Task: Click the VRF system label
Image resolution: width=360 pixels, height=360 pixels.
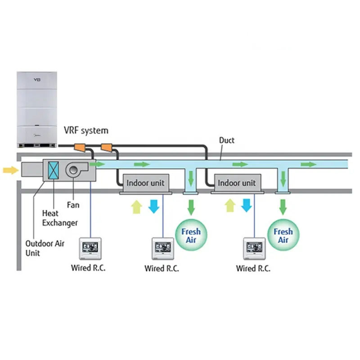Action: click(x=85, y=130)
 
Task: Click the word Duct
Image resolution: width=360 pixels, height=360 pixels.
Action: click(x=227, y=140)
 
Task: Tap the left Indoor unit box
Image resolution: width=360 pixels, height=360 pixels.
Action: click(x=145, y=183)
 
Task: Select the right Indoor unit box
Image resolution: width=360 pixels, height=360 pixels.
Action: click(x=236, y=183)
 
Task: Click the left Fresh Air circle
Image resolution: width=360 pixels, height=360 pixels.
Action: click(x=191, y=235)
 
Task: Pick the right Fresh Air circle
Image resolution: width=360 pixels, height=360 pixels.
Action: click(x=283, y=235)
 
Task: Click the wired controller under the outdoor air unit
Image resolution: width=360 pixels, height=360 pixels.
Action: click(x=90, y=248)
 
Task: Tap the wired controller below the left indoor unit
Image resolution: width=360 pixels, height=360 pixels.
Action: click(x=162, y=248)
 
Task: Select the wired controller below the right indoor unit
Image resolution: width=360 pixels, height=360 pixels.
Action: click(x=254, y=248)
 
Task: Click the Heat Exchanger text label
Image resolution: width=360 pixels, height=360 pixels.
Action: click(x=59, y=218)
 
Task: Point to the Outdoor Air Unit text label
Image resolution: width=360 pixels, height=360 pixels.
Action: click(x=45, y=248)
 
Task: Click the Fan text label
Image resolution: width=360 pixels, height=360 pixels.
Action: click(x=73, y=205)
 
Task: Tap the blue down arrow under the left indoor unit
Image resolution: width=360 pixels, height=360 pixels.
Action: click(x=154, y=206)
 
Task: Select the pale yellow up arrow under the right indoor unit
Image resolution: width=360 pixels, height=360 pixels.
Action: click(x=230, y=206)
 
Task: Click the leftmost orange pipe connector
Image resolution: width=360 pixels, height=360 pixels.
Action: click(x=80, y=147)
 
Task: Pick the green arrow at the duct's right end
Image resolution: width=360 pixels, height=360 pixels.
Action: click(x=309, y=164)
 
